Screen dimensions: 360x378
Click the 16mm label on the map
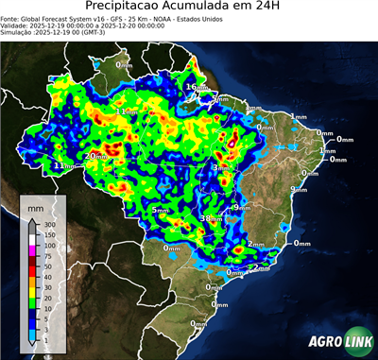[x=193, y=87]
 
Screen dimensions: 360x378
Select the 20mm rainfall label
[x=94, y=156]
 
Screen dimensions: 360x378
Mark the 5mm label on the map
[x=163, y=210]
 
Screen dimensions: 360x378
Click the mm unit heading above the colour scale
[x=35, y=205]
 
